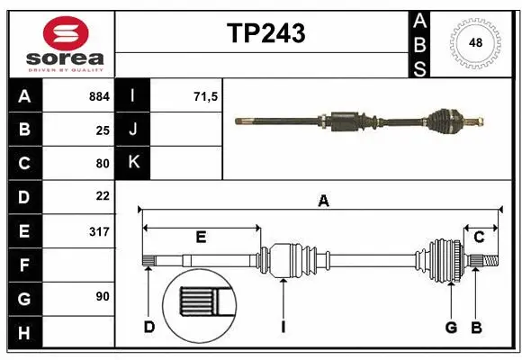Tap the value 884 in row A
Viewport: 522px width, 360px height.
pyautogui.click(x=98, y=95)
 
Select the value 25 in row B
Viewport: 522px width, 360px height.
pyautogui.click(x=102, y=130)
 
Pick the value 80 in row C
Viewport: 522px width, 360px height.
pyautogui.click(x=102, y=163)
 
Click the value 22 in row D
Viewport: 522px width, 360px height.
pyautogui.click(x=102, y=196)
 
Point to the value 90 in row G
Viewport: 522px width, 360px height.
pyautogui.click(x=102, y=297)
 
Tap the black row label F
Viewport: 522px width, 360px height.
pyautogui.click(x=23, y=265)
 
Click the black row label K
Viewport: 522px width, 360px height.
pyautogui.click(x=133, y=163)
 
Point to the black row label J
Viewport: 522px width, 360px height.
pyautogui.click(x=133, y=130)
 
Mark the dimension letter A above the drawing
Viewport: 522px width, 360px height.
pyautogui.click(x=323, y=202)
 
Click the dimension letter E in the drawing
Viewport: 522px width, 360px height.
pyautogui.click(x=201, y=237)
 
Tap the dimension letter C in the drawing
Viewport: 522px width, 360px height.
pyautogui.click(x=479, y=237)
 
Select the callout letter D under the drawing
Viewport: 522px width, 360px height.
pyautogui.click(x=149, y=326)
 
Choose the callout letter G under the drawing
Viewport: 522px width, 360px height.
pyautogui.click(x=451, y=326)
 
